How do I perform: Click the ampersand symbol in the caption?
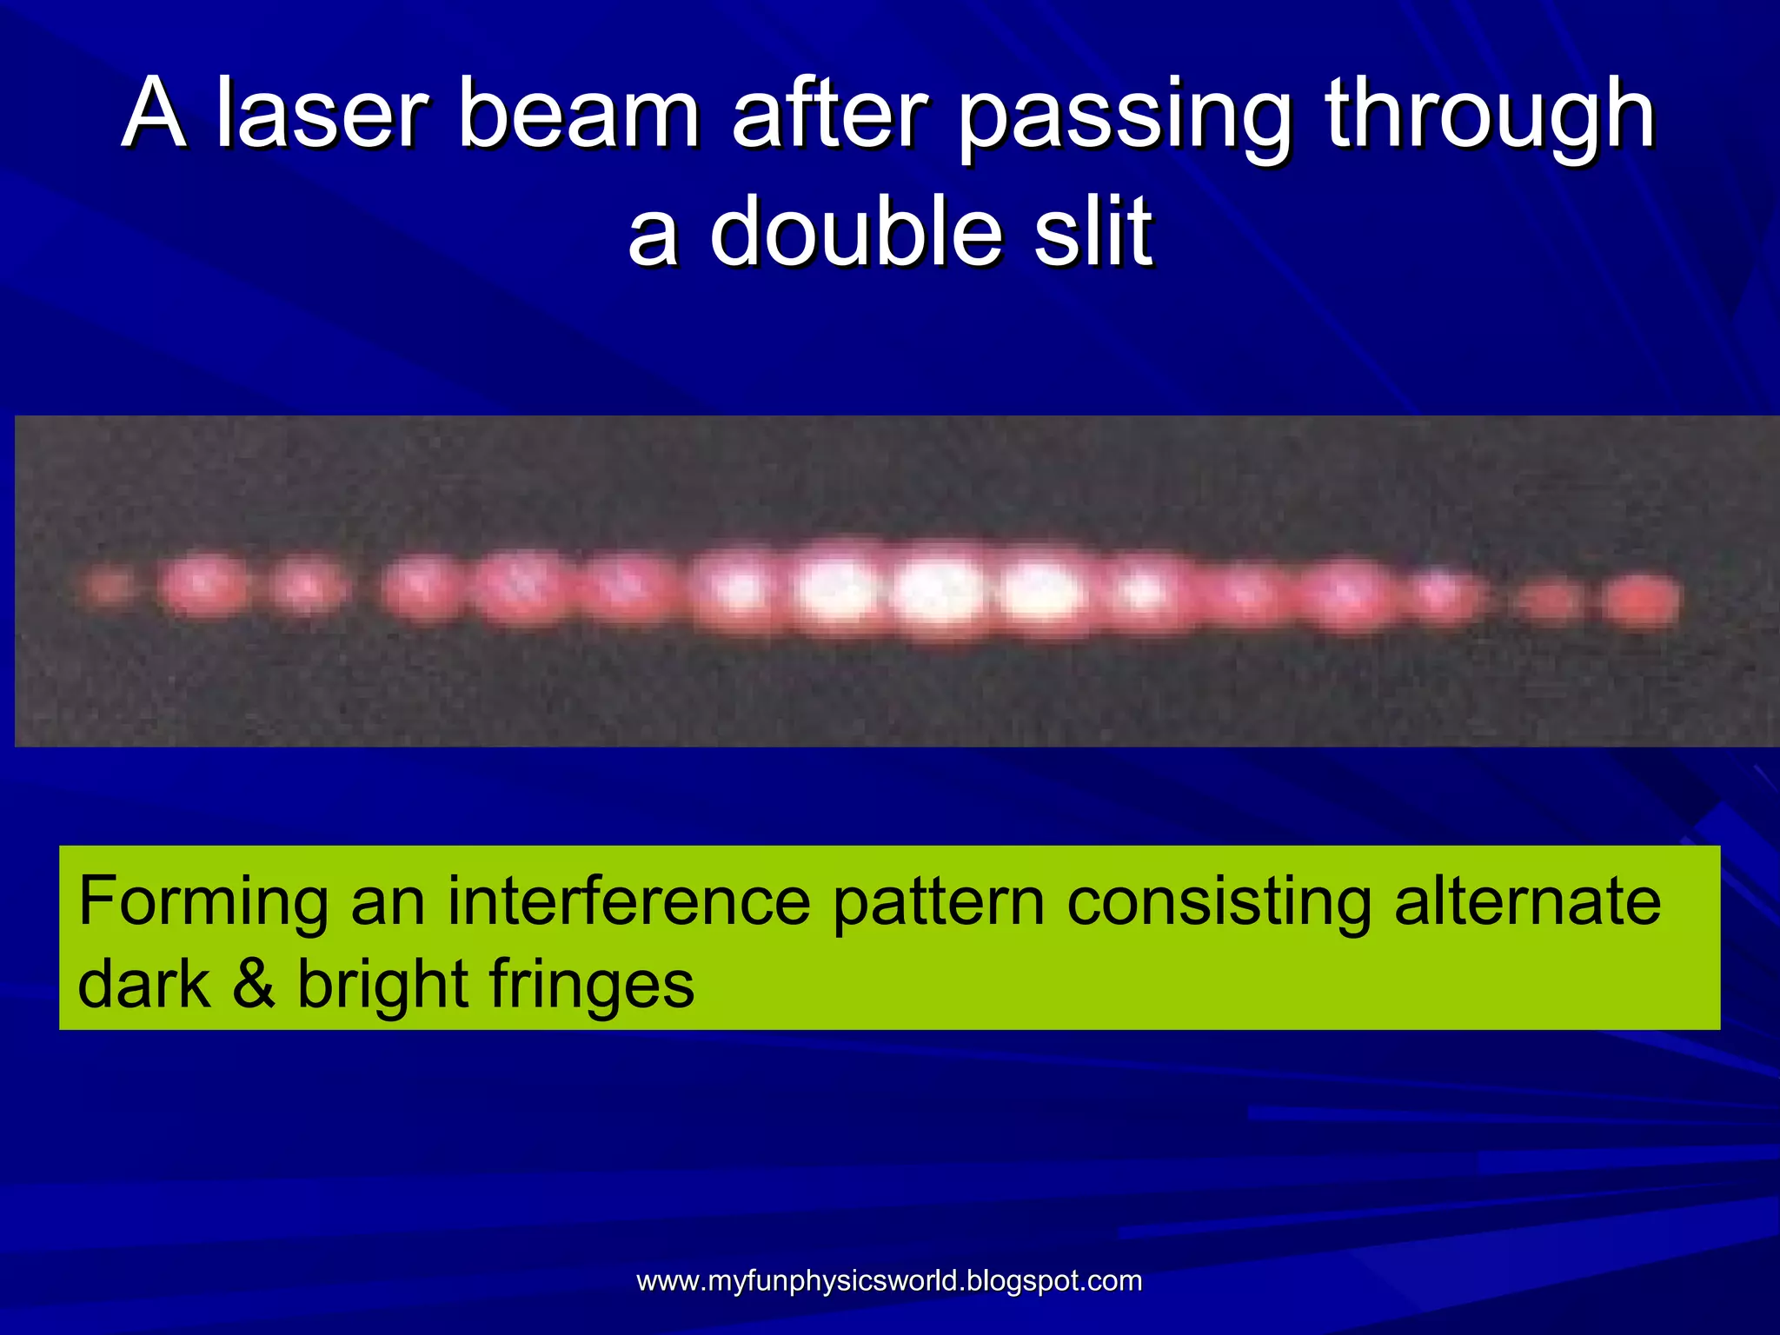tap(253, 984)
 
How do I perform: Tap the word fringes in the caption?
tap(592, 986)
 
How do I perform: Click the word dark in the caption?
tap(144, 984)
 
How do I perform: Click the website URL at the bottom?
tap(889, 1280)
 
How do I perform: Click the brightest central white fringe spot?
tap(939, 591)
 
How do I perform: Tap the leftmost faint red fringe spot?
tap(109, 588)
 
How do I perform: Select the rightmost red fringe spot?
tap(1641, 600)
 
